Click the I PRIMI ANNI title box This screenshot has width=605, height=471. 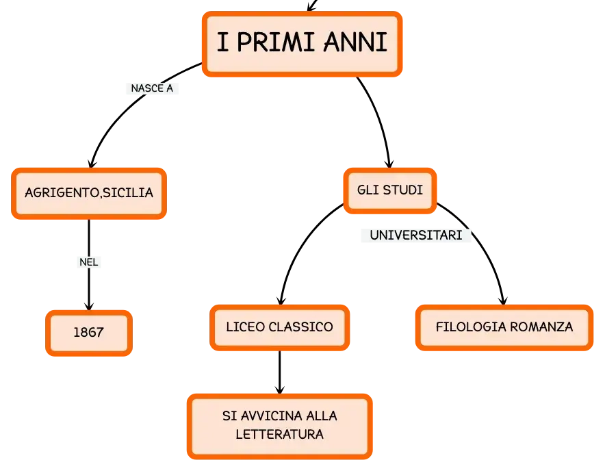(x=302, y=44)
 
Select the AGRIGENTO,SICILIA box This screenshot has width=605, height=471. (x=89, y=193)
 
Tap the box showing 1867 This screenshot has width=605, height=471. (x=89, y=333)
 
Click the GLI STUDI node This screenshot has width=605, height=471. (x=389, y=190)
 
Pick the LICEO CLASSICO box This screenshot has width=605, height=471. (x=279, y=327)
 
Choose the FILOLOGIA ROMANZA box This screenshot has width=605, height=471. (x=504, y=327)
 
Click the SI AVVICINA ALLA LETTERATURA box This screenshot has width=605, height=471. (x=279, y=427)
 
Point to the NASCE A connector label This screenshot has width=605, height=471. (x=152, y=88)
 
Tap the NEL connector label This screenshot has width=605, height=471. (x=89, y=262)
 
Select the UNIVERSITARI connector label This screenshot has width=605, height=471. (x=416, y=235)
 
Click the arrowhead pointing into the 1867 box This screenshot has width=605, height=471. (x=89, y=306)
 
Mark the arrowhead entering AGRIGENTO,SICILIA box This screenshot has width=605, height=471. (x=92, y=163)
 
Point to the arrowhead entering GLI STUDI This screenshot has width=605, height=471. (x=389, y=163)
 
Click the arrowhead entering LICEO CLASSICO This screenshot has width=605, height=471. (x=281, y=300)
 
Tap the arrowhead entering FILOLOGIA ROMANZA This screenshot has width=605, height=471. (x=503, y=300)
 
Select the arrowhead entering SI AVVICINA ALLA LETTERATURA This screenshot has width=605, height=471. (x=280, y=389)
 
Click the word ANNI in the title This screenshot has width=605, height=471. (x=355, y=42)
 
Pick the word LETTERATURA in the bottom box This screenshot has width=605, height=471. (x=279, y=435)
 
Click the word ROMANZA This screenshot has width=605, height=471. (x=541, y=327)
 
